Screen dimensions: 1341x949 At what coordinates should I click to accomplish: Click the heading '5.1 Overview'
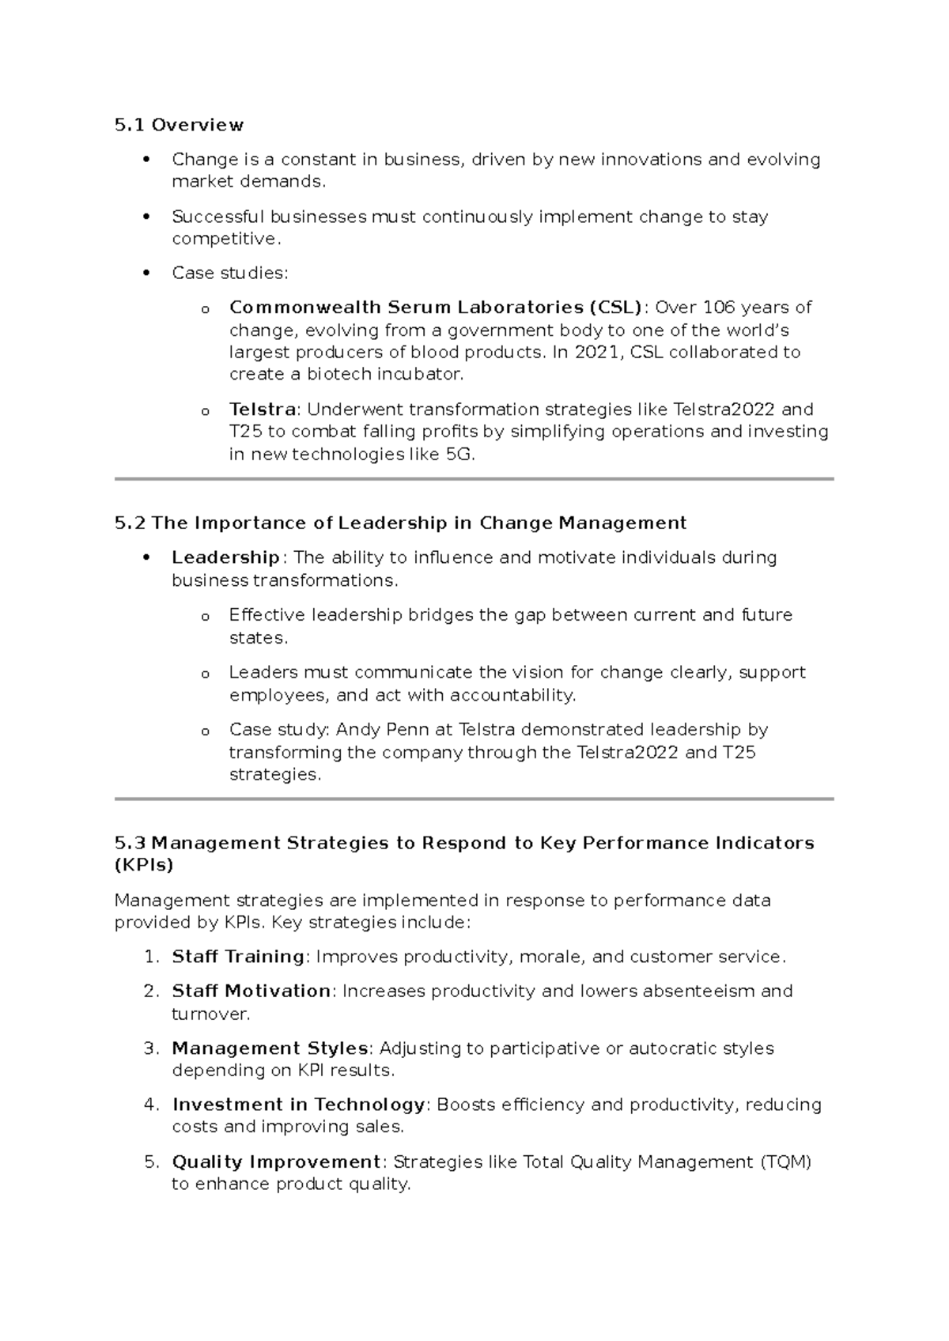[x=179, y=125]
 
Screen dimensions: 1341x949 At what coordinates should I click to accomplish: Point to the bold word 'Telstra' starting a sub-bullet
[x=263, y=410]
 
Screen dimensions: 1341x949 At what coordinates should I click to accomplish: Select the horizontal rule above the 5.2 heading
[x=474, y=479]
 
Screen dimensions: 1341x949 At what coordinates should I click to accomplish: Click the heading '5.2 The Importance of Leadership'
[x=400, y=523]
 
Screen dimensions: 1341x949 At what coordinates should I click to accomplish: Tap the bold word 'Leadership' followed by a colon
[x=225, y=557]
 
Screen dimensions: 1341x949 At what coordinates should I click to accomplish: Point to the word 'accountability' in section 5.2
[x=512, y=696]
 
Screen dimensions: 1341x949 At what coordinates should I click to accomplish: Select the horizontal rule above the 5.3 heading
[x=474, y=799]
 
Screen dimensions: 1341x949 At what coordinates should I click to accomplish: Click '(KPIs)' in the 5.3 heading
[x=144, y=865]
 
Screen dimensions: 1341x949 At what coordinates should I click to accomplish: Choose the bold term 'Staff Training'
[x=238, y=957]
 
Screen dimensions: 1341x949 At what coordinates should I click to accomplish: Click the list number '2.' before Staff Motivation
[x=152, y=992]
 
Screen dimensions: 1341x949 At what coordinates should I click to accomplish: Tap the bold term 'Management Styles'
[x=270, y=1048]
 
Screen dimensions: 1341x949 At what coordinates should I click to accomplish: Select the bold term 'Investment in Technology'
[x=299, y=1105]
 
